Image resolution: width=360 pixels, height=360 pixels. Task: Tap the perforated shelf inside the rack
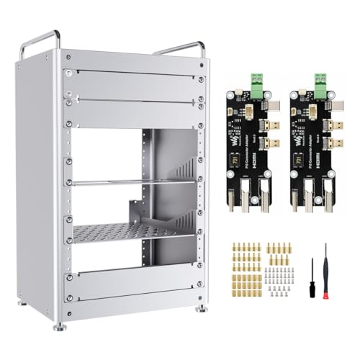tap(133, 232)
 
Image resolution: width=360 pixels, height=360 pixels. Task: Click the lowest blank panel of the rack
tap(133, 286)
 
